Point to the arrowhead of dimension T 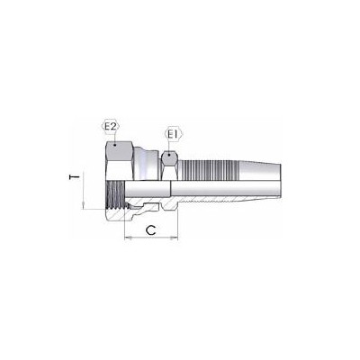[x=82, y=206]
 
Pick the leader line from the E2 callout [x=112, y=136]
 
